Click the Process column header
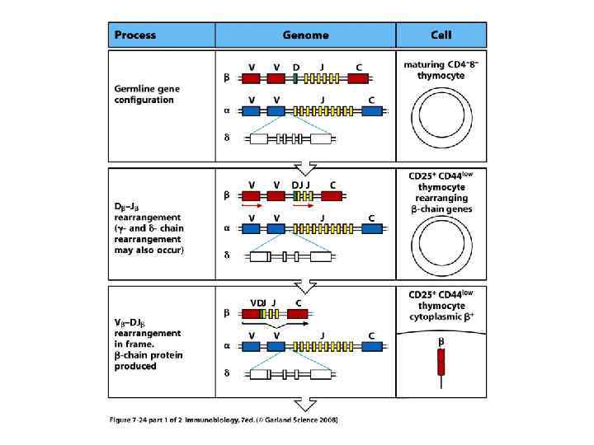[x=135, y=35]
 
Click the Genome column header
[x=305, y=35]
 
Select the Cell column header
[x=441, y=35]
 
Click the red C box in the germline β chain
[x=357, y=78]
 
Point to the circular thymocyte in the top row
[x=441, y=117]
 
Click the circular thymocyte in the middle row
[x=441, y=245]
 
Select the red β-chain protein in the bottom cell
[x=441, y=363]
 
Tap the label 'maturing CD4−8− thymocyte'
[x=441, y=69]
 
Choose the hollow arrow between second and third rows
[x=305, y=286]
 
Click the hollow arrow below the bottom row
[x=305, y=404]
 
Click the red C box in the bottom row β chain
[x=297, y=314]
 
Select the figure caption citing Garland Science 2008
[x=224, y=420]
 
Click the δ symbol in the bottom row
[x=227, y=375]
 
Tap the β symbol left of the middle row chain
[x=227, y=196]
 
